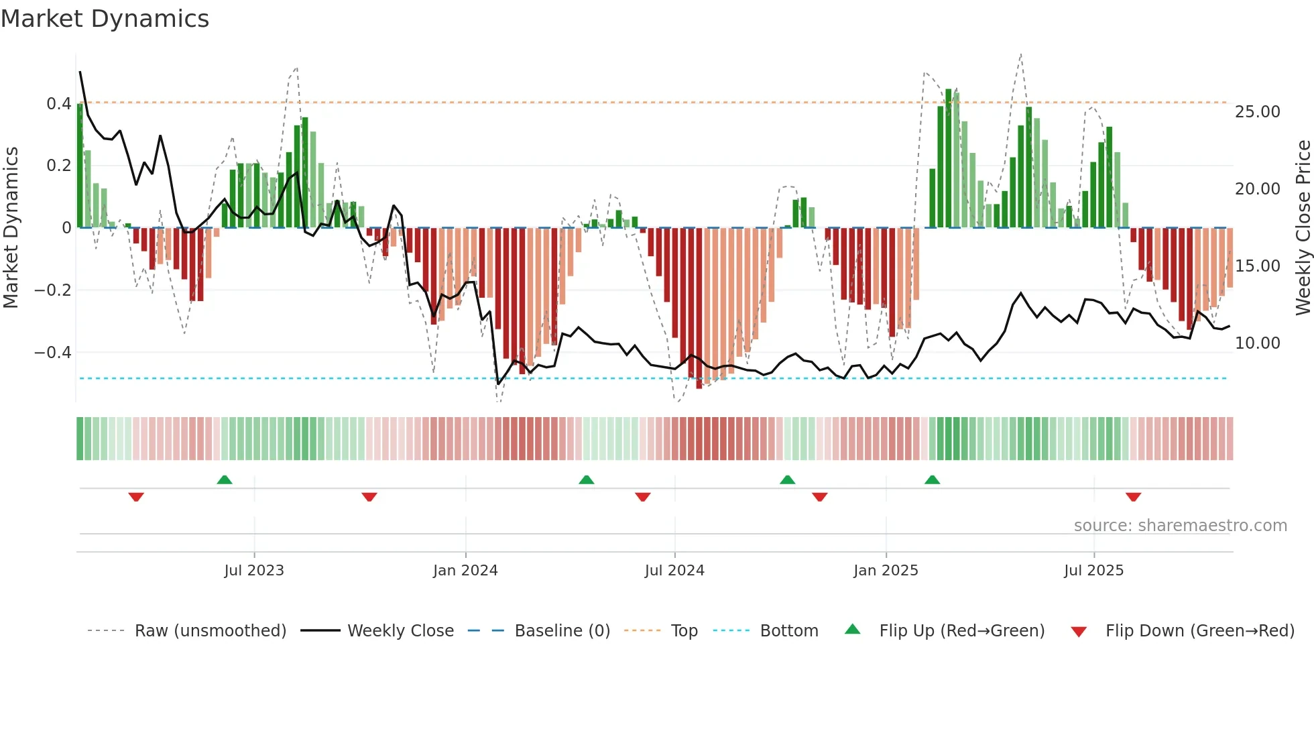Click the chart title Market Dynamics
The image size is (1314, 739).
[105, 19]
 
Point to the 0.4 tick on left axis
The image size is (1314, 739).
[58, 103]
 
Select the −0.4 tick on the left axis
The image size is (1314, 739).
[52, 352]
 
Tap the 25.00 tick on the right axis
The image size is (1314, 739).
[1257, 111]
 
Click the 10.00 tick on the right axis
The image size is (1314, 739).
[1257, 343]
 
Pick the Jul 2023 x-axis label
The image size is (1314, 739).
[254, 570]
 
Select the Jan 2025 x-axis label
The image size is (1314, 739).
[886, 570]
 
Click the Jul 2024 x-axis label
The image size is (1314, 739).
[674, 570]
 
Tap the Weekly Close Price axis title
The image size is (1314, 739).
[1303, 227]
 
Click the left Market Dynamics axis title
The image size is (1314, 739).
[11, 227]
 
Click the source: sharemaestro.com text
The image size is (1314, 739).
[1180, 525]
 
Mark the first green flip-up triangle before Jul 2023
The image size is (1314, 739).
[225, 479]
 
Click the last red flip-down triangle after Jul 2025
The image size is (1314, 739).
[1133, 497]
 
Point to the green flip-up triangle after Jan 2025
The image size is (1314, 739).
[932, 479]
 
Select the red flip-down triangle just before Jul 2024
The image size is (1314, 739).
[642, 497]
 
